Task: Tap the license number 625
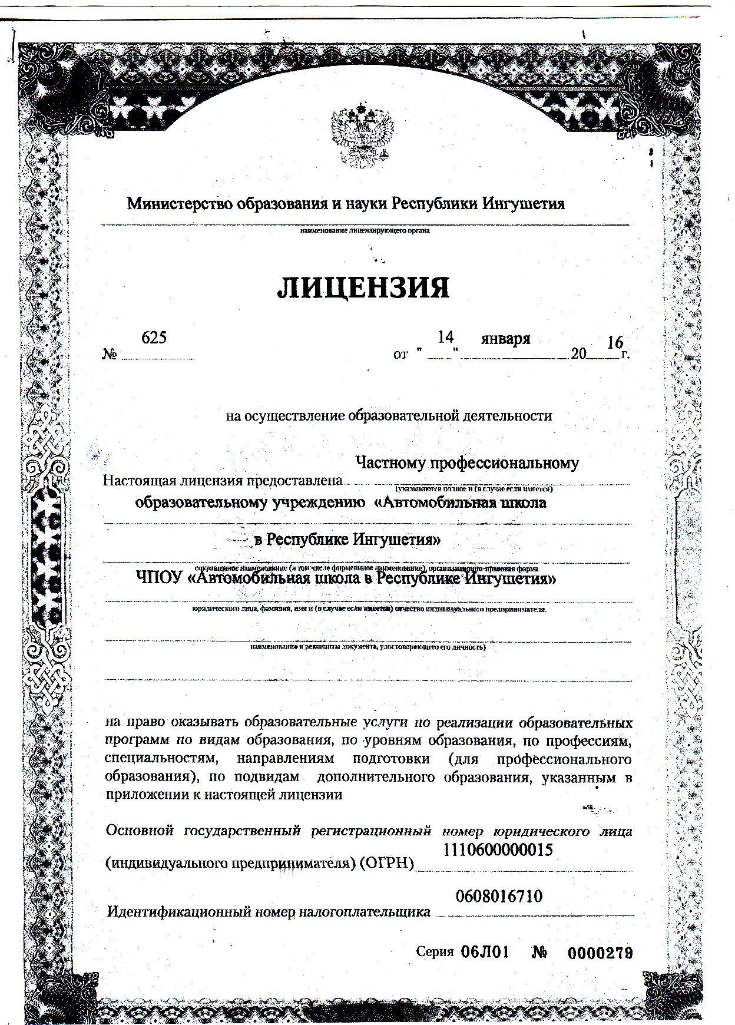[x=154, y=338]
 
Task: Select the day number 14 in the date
[x=445, y=337]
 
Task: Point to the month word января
[x=505, y=339]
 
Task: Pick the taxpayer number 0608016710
[x=499, y=897]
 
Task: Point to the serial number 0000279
[x=600, y=953]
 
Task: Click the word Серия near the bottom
[x=435, y=952]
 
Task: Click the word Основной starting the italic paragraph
[x=140, y=831]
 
